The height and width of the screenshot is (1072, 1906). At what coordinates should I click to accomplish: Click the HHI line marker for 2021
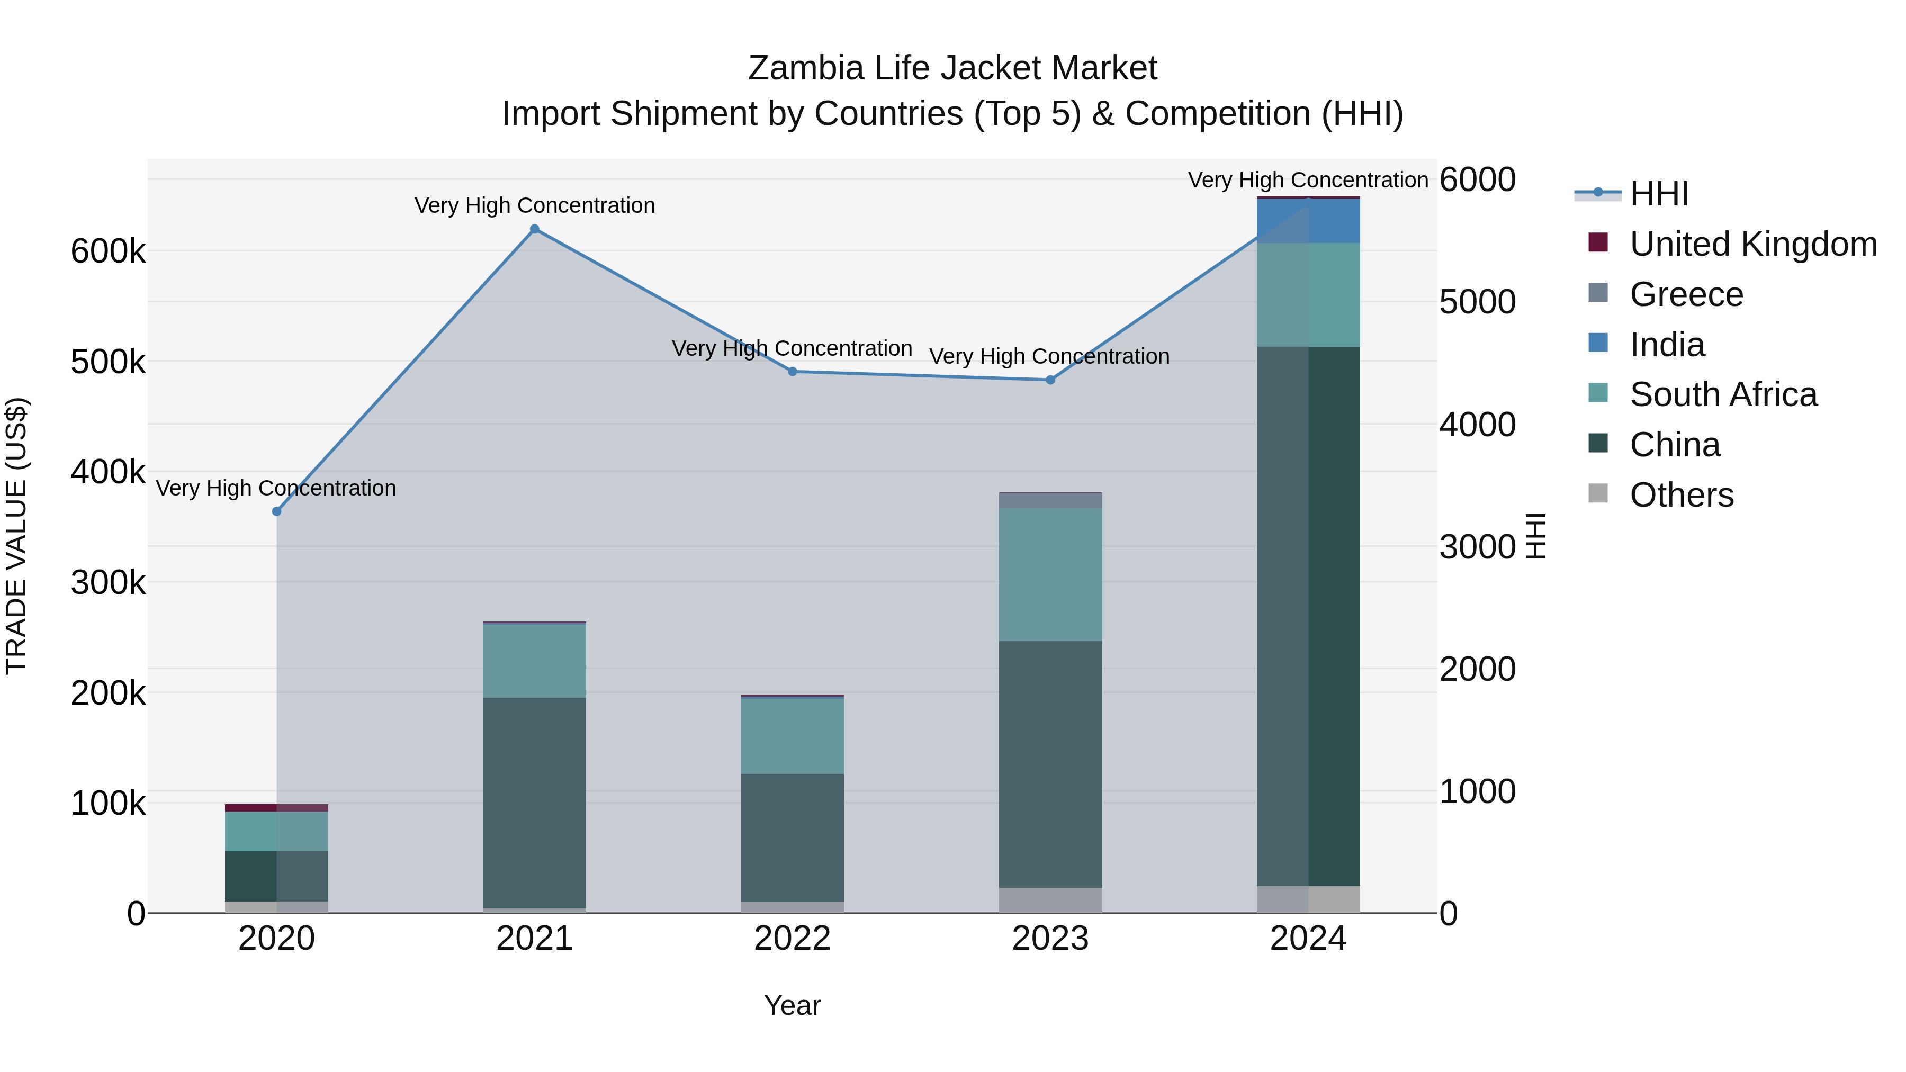(534, 229)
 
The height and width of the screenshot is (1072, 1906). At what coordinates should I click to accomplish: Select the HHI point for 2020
(277, 511)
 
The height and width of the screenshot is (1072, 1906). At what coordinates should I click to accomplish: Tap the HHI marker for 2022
(793, 372)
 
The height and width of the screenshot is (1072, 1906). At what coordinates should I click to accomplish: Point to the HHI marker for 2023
(1050, 380)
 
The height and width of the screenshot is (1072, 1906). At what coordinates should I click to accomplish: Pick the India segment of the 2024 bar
(1308, 220)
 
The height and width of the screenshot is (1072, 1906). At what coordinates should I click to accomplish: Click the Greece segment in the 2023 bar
(1050, 501)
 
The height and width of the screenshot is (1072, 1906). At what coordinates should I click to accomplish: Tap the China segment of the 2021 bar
(534, 803)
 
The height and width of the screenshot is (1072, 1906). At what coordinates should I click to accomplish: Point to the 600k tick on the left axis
(108, 251)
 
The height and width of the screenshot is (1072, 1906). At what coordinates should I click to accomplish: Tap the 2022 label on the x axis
(793, 939)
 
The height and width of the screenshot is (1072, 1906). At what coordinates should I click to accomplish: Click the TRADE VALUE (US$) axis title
(17, 536)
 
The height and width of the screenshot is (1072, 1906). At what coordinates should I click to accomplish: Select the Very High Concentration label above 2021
(534, 206)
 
